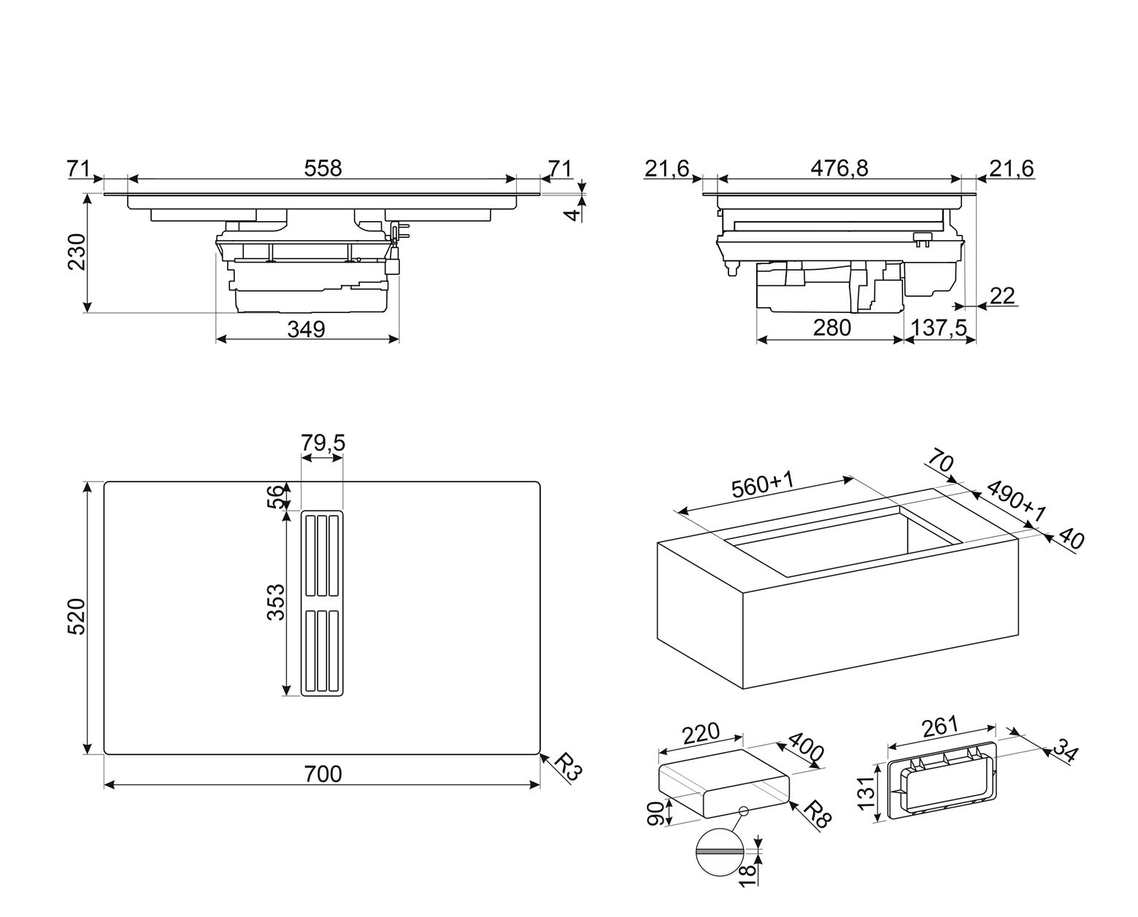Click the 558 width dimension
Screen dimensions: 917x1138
323,168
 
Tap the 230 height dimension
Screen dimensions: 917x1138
77,252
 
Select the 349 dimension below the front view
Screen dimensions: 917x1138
305,329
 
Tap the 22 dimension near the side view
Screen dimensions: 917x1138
1002,295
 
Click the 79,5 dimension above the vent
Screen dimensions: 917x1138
322,443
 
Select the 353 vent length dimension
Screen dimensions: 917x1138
275,602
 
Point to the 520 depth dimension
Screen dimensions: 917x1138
77,616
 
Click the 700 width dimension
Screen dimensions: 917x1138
322,773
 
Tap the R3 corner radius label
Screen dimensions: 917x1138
566,768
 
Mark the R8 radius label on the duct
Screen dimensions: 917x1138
816,812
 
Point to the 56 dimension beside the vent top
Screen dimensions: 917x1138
275,497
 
